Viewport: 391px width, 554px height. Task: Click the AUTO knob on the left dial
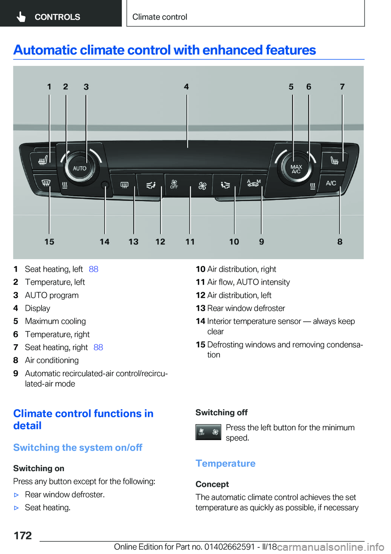click(79, 168)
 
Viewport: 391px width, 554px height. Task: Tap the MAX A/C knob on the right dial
click(296, 169)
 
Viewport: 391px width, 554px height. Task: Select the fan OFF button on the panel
click(174, 185)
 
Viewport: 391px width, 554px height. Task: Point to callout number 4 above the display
click(186, 87)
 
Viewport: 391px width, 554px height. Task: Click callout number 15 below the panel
click(49, 242)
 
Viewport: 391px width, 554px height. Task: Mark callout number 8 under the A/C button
click(340, 242)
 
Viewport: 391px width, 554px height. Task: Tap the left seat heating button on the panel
click(43, 161)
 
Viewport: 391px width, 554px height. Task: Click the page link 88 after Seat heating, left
click(93, 269)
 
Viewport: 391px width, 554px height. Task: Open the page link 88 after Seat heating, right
click(98, 347)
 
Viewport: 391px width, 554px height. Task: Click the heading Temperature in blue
click(225, 464)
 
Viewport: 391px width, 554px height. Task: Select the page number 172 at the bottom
click(23, 536)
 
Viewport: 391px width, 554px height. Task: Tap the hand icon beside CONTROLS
click(21, 17)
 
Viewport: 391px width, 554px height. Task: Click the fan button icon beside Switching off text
click(208, 432)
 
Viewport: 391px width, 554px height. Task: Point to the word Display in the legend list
click(37, 308)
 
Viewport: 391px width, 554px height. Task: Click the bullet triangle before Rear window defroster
click(17, 495)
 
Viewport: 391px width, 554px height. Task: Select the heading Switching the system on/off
click(78, 448)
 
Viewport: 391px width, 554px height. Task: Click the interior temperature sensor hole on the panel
click(105, 185)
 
